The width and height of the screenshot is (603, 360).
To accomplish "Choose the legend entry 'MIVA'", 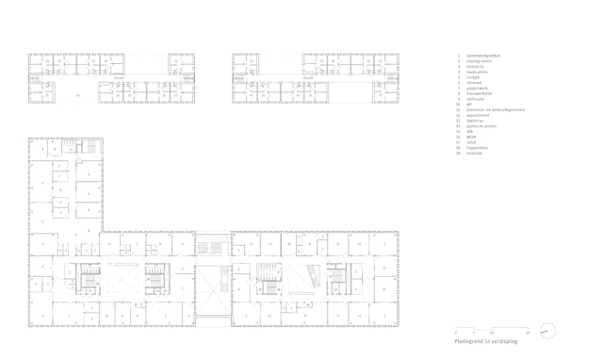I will pos(473,137).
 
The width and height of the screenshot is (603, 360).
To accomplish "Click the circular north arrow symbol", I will pos(548,331).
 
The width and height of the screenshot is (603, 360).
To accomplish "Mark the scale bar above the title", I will pos(493,331).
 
